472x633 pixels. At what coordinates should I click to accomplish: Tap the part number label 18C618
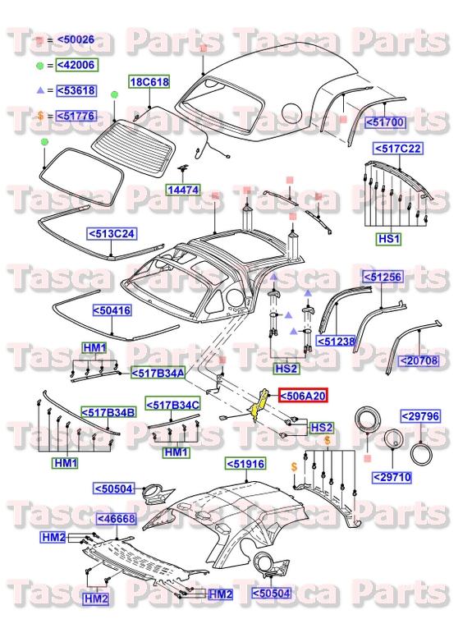149,82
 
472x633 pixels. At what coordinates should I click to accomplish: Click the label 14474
185,190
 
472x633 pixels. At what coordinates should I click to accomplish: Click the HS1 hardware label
387,239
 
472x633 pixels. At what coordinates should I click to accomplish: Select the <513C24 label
113,234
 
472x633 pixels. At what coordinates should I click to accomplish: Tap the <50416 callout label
111,311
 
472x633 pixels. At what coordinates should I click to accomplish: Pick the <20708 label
419,360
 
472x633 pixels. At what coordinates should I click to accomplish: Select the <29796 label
420,416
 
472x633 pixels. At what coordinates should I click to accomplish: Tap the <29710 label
396,476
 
